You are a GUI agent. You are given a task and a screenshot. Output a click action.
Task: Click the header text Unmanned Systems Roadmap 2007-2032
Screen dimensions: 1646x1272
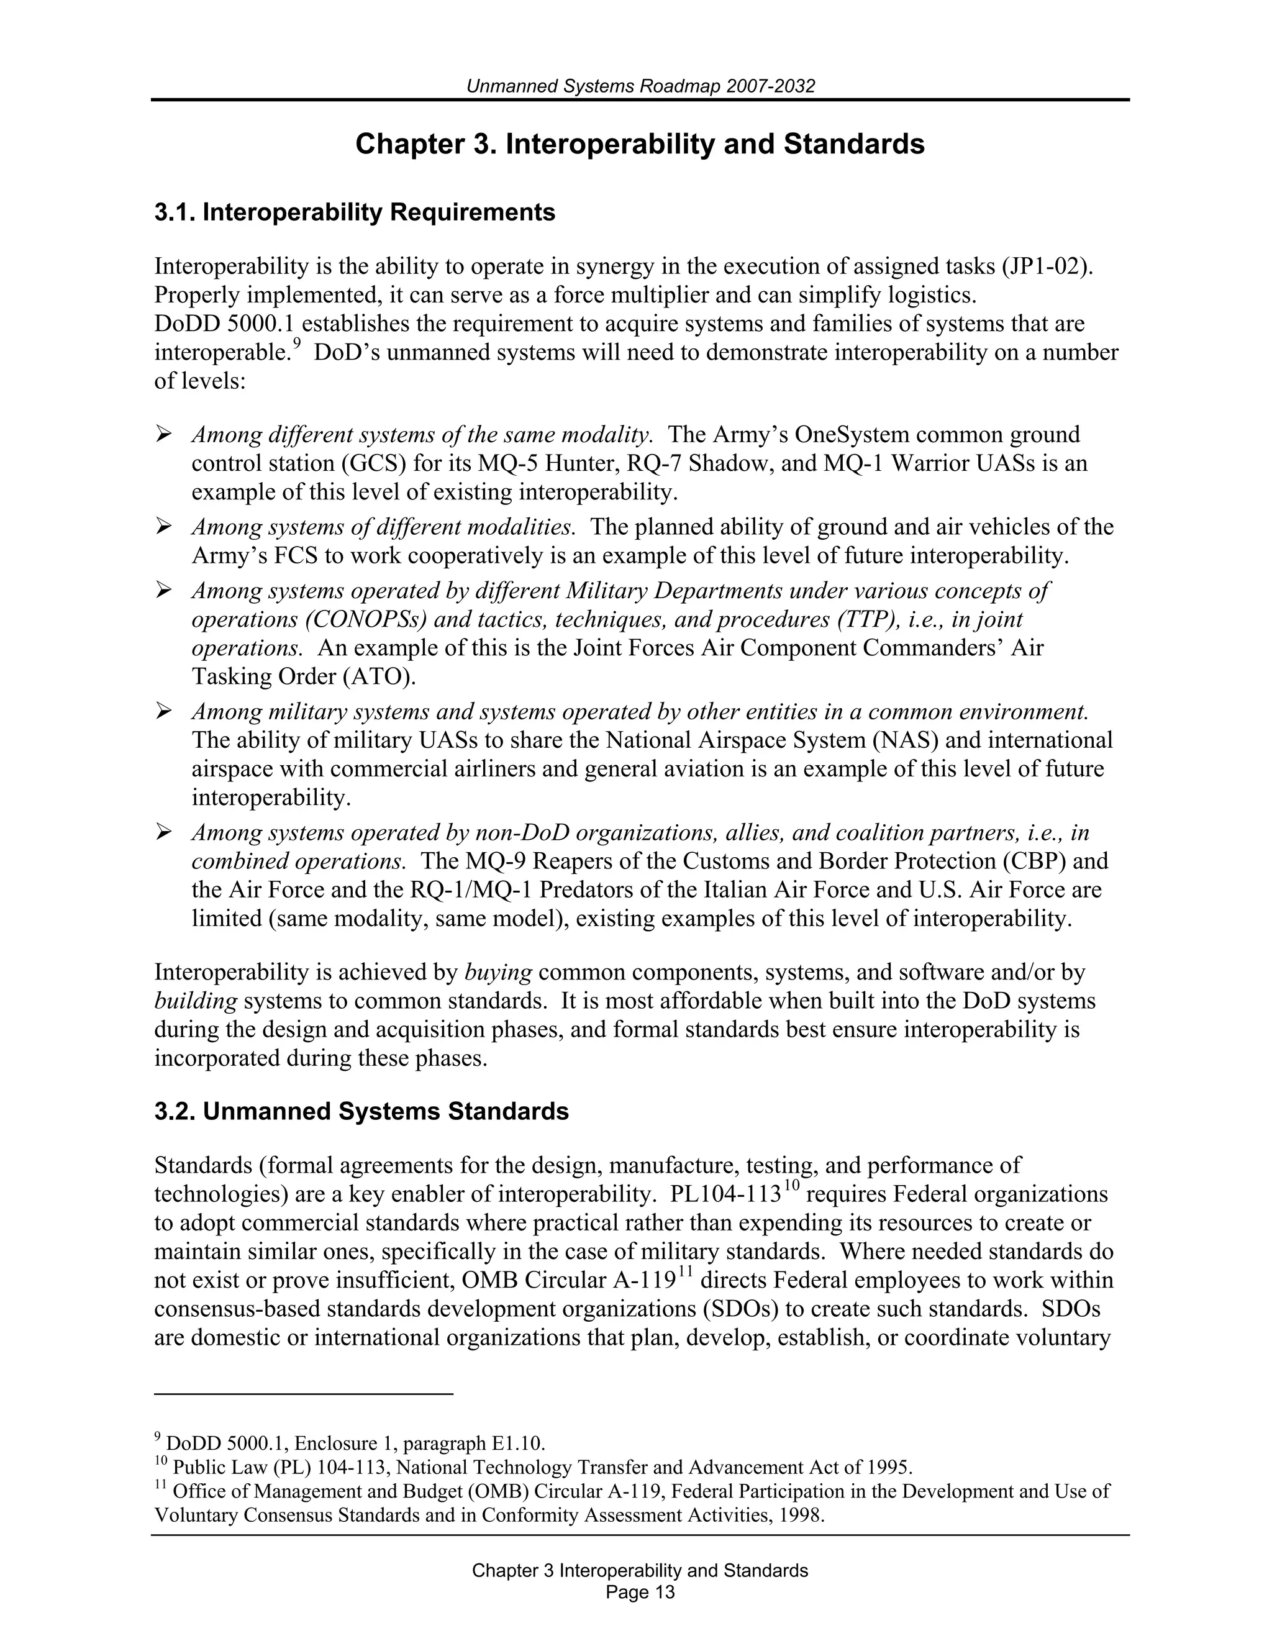coord(640,86)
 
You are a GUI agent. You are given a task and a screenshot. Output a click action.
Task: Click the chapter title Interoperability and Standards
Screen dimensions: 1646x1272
coord(640,144)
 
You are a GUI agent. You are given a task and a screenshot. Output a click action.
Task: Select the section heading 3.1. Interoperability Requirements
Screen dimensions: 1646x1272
coord(354,212)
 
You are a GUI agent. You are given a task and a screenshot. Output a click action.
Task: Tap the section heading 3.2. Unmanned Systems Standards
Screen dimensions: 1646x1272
coord(361,1112)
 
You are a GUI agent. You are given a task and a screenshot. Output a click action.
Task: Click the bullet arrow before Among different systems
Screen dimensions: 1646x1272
coord(163,434)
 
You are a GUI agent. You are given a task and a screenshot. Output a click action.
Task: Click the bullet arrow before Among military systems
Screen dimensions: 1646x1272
coord(163,711)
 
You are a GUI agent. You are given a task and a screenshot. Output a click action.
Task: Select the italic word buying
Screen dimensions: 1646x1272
coord(498,973)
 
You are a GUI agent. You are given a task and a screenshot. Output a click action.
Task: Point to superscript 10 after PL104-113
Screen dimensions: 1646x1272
coord(791,1186)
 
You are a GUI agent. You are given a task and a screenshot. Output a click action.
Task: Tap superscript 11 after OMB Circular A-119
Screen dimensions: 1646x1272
coord(684,1272)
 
